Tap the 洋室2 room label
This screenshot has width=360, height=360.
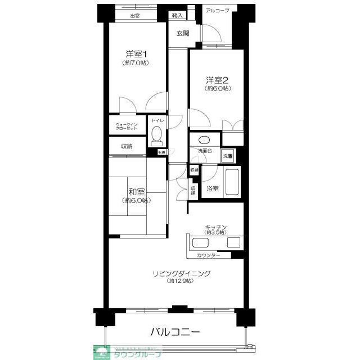click(x=217, y=79)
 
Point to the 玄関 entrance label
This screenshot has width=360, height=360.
click(x=182, y=33)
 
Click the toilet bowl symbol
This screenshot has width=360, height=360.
click(x=156, y=136)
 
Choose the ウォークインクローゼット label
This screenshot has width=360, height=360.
click(x=127, y=127)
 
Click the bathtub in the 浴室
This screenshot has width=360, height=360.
click(x=231, y=181)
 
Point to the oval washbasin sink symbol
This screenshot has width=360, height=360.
click(x=204, y=139)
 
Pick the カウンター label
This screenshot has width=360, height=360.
click(x=209, y=256)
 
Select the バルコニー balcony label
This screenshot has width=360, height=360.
click(x=174, y=332)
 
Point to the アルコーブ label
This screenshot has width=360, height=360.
click(x=218, y=11)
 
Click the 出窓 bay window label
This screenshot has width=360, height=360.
click(x=135, y=16)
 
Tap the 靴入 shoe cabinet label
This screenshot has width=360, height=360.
click(x=177, y=16)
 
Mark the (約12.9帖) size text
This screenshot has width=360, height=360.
click(x=180, y=281)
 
